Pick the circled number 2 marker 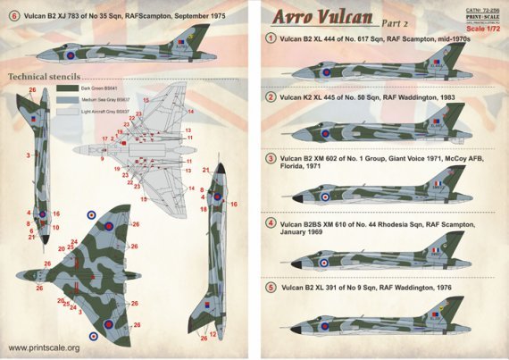(271, 96)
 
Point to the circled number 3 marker (271, 157)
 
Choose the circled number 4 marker (271, 221)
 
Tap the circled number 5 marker (271, 289)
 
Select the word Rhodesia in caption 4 (401, 221)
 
